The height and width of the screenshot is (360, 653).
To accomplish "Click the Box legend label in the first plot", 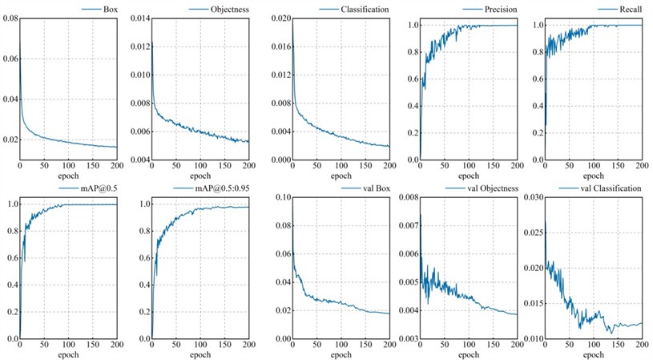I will click(x=109, y=10).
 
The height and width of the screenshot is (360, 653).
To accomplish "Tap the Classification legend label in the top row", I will click(x=361, y=10).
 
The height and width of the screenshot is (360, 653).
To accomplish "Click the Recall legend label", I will click(x=629, y=10).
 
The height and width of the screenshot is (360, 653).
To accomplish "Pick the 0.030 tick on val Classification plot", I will click(x=533, y=197).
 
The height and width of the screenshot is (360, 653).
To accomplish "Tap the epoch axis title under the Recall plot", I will click(x=594, y=176).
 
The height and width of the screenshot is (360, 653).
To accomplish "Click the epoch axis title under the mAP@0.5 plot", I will click(x=68, y=354).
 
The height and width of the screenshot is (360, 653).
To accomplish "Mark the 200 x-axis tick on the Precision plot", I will click(x=516, y=166).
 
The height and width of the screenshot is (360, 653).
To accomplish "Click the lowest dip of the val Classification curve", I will click(x=609, y=332).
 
